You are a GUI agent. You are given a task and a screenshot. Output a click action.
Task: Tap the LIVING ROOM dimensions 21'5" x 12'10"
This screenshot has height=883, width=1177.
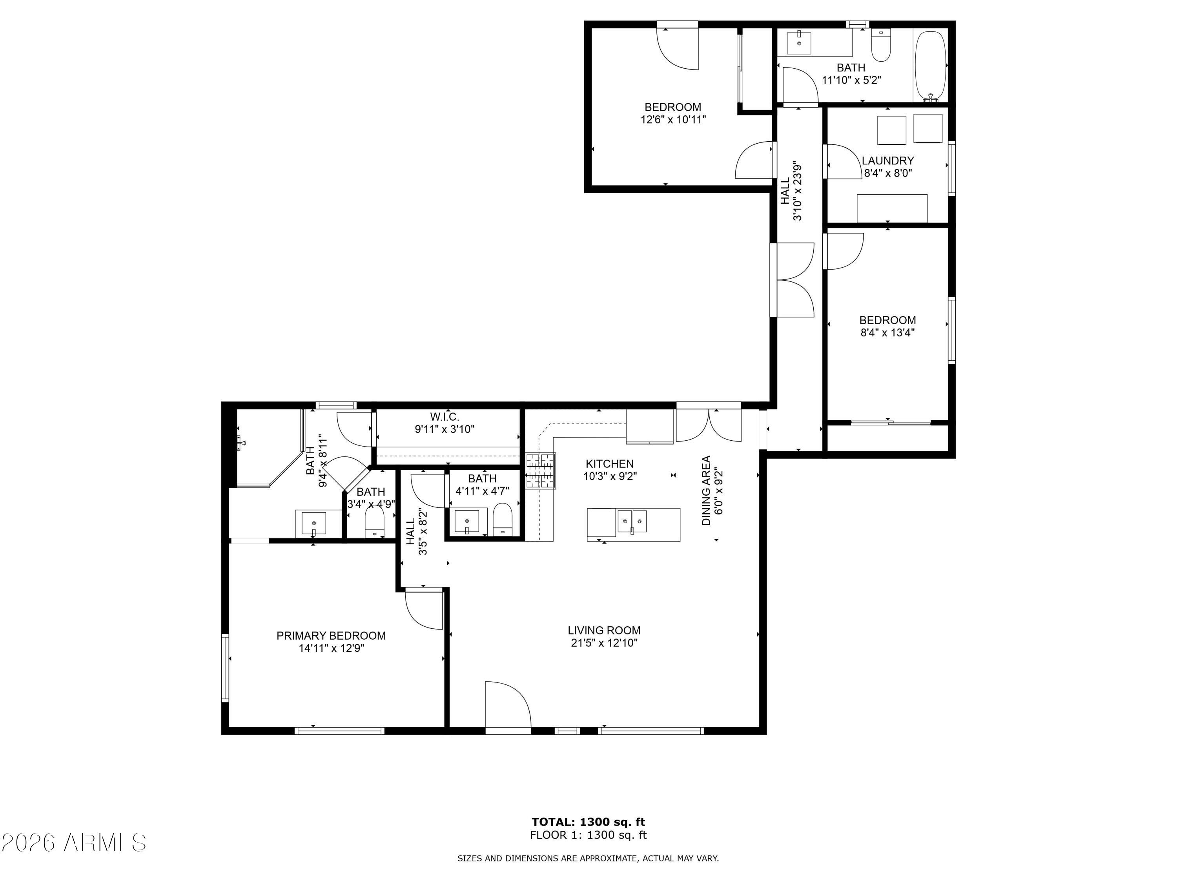604,643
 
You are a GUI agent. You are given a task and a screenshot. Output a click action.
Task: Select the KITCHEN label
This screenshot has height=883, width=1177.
610,463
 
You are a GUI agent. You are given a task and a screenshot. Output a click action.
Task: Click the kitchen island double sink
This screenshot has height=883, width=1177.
632,521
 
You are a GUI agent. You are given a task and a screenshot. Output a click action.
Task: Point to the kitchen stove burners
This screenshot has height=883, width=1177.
541,471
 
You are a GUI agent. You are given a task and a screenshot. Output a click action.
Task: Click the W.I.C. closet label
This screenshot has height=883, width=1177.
444,417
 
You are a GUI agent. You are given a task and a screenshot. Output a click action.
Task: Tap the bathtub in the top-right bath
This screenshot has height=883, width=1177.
931,65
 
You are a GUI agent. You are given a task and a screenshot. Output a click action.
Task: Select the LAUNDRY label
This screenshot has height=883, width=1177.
887,160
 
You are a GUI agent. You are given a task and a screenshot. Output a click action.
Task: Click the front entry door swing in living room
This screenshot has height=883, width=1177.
507,705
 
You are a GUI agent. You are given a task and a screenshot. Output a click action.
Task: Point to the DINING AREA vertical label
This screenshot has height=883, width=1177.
706,490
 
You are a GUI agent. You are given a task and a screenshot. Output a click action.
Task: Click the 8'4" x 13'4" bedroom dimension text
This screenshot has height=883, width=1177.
887,333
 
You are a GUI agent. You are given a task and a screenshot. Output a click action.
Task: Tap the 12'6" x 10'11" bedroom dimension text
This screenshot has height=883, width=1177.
673,120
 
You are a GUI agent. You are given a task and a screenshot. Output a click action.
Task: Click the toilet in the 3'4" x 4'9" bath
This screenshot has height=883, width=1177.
374,523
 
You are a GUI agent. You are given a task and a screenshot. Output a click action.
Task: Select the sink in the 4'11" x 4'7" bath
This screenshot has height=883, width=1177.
466,521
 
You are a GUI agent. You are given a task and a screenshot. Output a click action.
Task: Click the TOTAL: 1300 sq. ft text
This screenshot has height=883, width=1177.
588,822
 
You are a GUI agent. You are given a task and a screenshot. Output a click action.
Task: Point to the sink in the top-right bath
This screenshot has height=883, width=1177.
799,42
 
